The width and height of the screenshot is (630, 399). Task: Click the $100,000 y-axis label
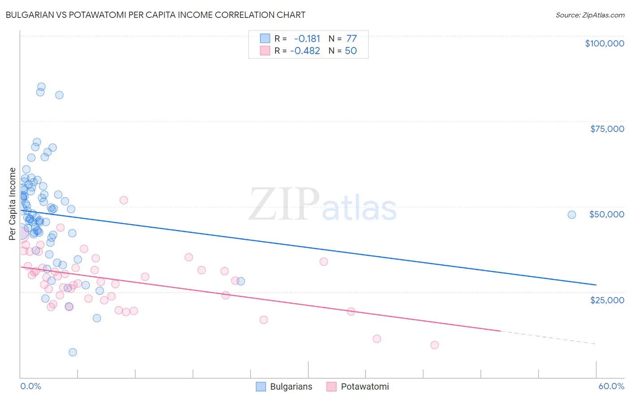click(604, 43)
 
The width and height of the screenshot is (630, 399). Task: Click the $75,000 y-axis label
click(607, 129)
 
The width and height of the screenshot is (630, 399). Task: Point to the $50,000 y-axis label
click(606, 214)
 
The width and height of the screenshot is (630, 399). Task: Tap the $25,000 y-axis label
click(607, 300)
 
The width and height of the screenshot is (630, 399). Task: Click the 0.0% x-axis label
click(30, 386)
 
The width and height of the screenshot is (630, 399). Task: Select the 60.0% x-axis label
click(611, 386)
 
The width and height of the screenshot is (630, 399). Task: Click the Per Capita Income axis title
click(13, 204)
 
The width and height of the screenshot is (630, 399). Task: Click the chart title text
click(155, 15)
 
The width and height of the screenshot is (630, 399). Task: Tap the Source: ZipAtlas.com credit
click(590, 15)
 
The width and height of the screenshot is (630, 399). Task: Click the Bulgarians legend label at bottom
click(291, 386)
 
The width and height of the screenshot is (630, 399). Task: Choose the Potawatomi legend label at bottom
click(365, 386)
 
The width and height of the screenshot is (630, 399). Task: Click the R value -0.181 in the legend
click(307, 38)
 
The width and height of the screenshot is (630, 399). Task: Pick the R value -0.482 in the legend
click(305, 51)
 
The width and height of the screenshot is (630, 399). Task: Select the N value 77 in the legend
click(351, 38)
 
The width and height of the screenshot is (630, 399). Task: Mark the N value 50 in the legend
click(351, 51)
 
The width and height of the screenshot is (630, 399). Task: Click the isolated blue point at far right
click(571, 215)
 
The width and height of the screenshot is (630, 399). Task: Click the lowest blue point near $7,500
click(73, 352)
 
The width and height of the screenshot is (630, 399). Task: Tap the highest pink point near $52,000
click(124, 200)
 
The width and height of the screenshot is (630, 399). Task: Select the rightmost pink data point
click(434, 345)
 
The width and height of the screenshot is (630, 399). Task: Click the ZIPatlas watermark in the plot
click(323, 205)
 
